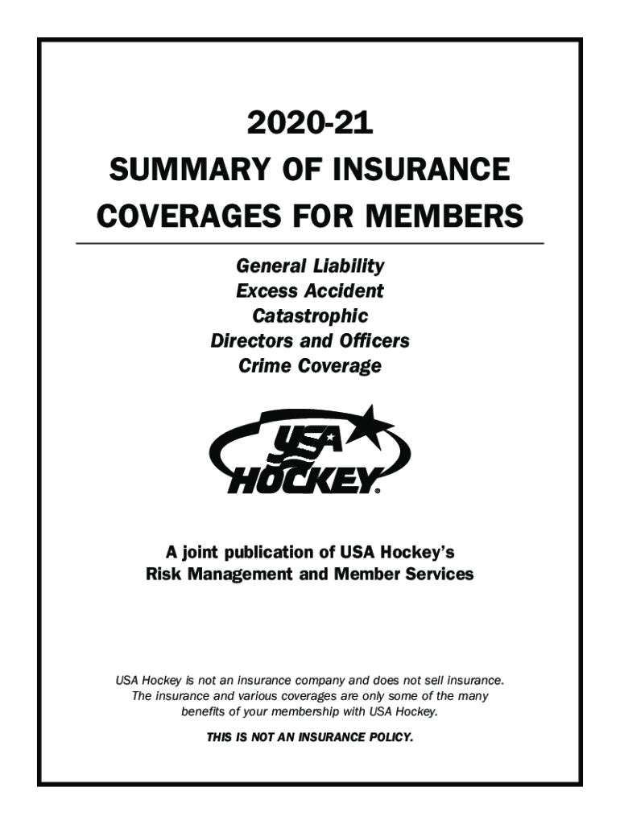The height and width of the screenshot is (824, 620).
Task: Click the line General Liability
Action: coord(310,266)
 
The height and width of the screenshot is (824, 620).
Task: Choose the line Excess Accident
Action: coord(310,290)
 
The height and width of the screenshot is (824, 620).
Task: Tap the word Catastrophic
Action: coord(310,315)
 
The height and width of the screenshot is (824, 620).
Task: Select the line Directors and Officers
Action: coord(310,340)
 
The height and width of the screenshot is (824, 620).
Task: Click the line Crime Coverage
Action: coord(310,366)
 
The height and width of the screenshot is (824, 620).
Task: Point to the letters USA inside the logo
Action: coord(309,445)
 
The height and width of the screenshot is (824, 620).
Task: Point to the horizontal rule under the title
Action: coord(310,242)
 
